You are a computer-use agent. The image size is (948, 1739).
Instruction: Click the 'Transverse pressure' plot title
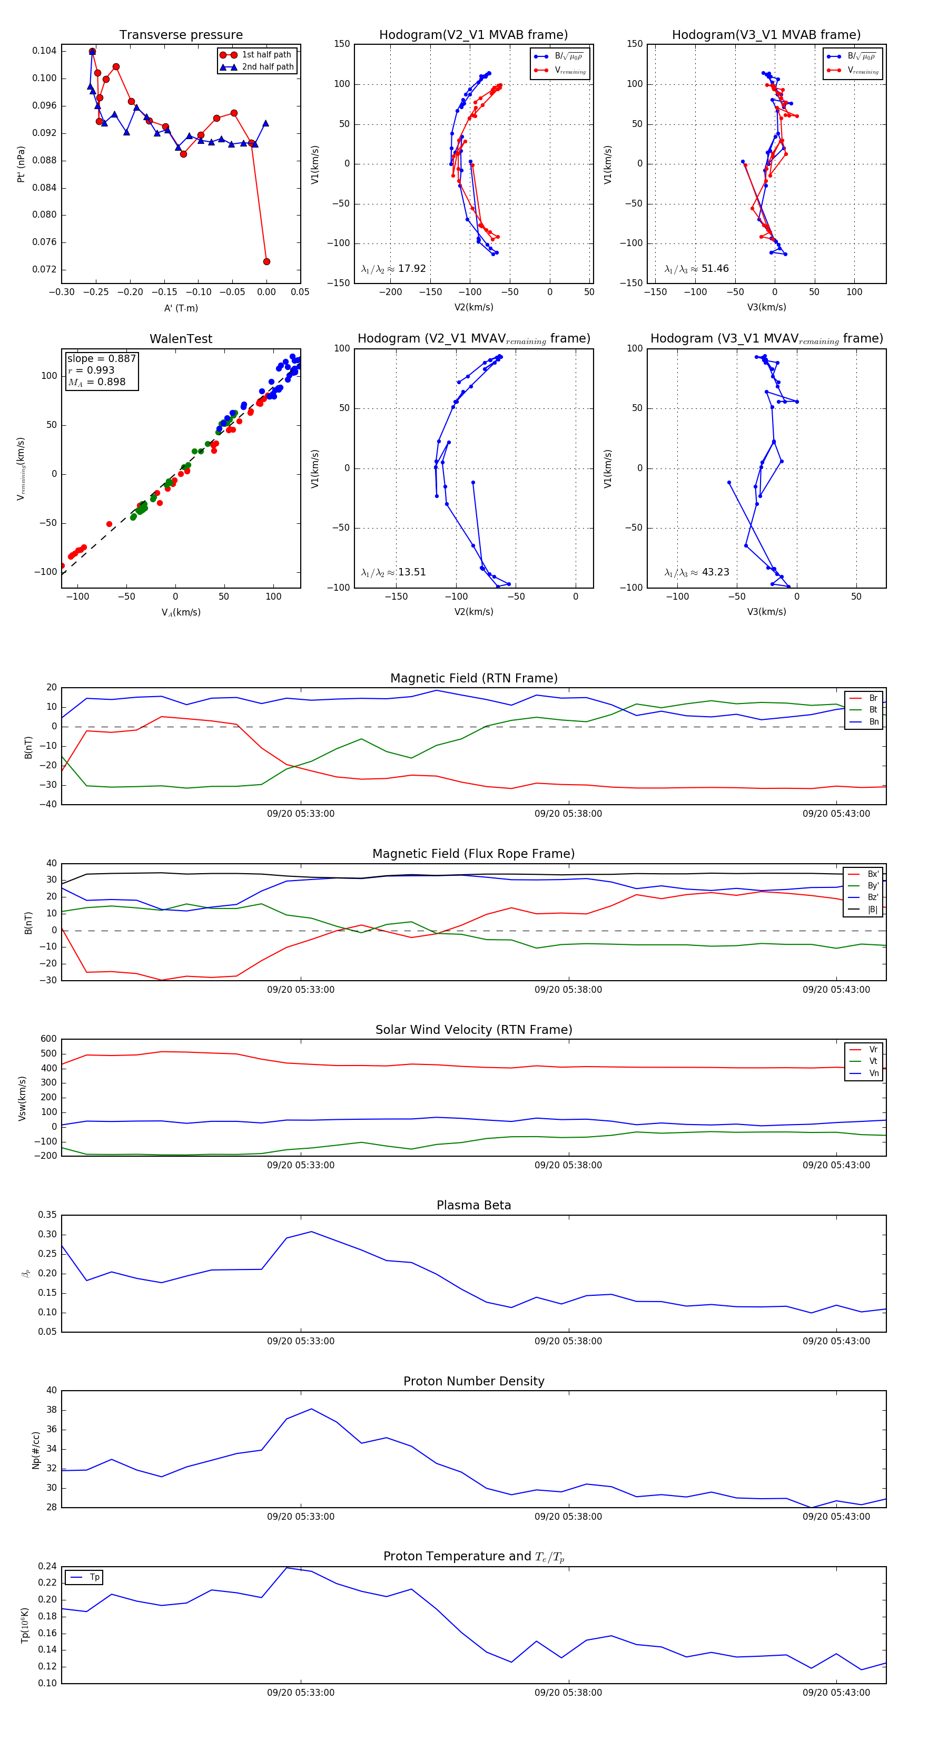click(x=181, y=35)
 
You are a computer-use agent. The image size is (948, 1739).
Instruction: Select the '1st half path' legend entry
click(x=266, y=55)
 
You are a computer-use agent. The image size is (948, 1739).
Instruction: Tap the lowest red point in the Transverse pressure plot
click(x=266, y=261)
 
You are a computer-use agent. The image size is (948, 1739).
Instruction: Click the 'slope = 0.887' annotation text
click(x=101, y=358)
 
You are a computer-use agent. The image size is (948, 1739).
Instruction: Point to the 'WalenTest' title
click(x=181, y=339)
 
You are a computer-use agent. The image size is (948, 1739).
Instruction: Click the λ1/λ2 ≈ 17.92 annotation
click(x=393, y=269)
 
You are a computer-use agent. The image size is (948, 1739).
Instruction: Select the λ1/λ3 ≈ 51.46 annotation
click(x=696, y=269)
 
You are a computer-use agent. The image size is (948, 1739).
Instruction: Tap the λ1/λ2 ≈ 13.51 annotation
click(x=393, y=572)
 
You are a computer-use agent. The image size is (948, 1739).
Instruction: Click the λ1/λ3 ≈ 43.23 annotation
click(x=696, y=572)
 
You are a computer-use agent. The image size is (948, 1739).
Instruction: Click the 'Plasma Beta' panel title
click(x=473, y=1206)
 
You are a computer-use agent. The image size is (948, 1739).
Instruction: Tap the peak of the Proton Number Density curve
click(x=311, y=1409)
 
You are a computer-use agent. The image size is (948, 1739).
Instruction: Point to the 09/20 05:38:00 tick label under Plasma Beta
click(x=568, y=1341)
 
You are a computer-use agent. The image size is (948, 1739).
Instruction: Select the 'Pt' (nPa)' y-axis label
click(x=21, y=164)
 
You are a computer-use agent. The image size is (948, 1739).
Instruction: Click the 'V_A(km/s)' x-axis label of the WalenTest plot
click(x=181, y=612)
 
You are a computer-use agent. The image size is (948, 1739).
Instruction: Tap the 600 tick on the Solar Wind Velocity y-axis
click(x=48, y=1039)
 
